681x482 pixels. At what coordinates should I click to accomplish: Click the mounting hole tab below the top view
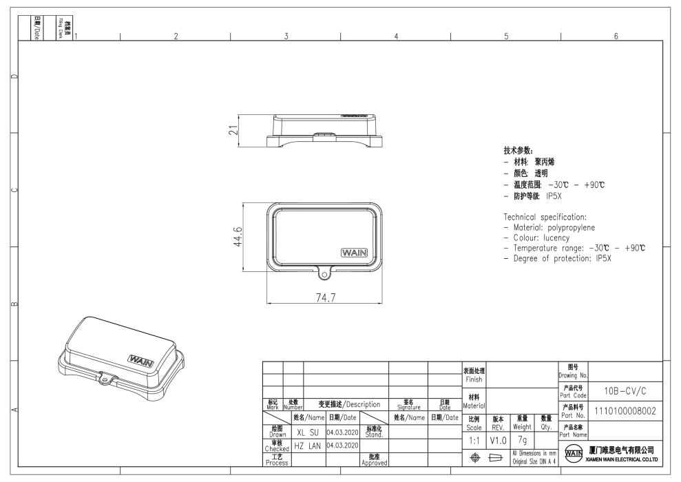324,274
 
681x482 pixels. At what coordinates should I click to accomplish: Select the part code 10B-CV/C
624,390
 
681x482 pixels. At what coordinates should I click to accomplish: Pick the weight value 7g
521,439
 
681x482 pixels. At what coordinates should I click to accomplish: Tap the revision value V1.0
499,439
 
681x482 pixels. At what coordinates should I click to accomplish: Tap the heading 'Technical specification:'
545,217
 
